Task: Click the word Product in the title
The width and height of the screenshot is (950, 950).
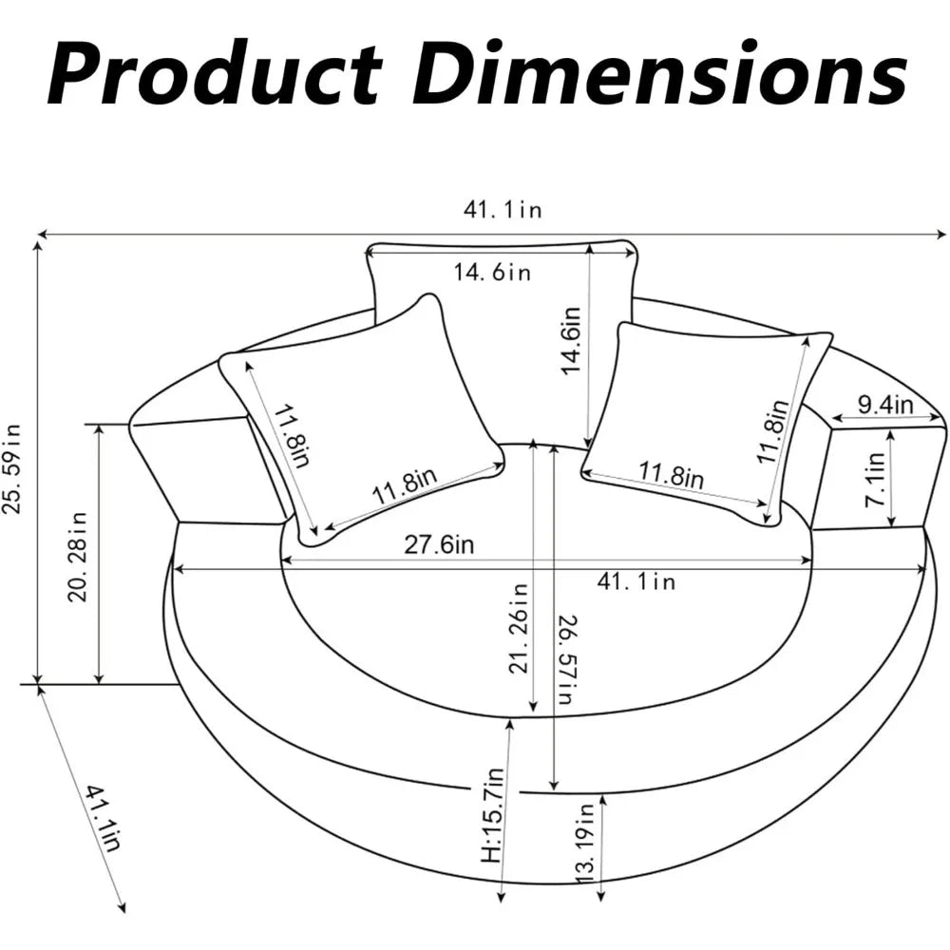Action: click(215, 73)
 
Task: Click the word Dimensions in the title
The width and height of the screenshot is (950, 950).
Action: click(660, 73)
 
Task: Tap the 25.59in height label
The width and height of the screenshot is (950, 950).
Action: click(12, 469)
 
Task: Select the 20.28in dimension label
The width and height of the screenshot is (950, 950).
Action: click(78, 557)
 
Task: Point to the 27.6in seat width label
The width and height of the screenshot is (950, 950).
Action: click(439, 544)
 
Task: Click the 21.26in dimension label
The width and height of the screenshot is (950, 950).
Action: click(519, 628)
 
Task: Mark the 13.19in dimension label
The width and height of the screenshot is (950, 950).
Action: click(584, 844)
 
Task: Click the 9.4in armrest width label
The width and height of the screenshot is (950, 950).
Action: click(885, 405)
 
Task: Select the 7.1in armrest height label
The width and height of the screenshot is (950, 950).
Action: click(876, 480)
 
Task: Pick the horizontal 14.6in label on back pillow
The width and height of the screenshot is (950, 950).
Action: click(492, 272)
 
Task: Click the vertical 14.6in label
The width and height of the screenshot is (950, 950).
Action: click(571, 341)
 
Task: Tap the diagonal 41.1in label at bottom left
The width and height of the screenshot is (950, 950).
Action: click(104, 817)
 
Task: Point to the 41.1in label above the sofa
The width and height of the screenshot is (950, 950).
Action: click(503, 210)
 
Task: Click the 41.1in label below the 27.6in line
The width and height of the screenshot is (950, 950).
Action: click(636, 582)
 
